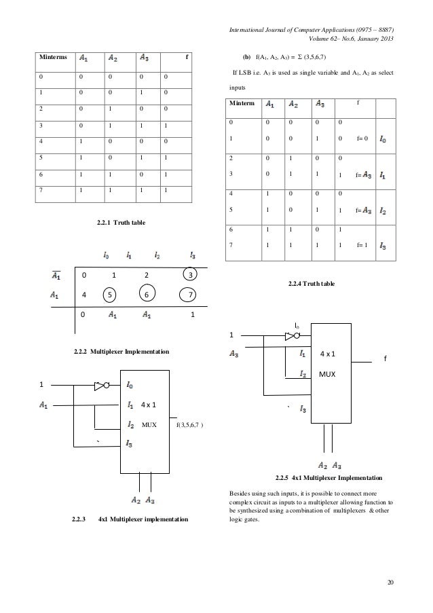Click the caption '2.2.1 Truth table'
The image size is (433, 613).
(121, 223)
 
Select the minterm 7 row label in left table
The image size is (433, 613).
(43, 191)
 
